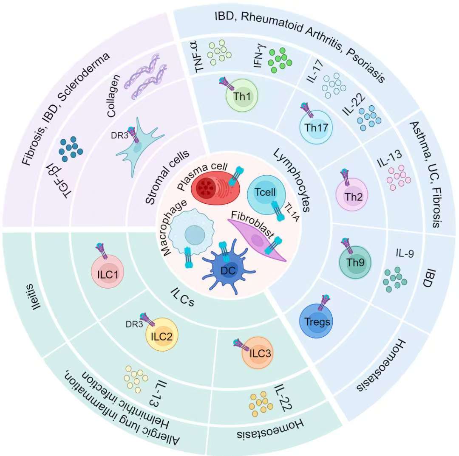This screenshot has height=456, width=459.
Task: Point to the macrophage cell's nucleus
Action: tap(194, 235)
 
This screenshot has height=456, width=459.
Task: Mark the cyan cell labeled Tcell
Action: tap(266, 193)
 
